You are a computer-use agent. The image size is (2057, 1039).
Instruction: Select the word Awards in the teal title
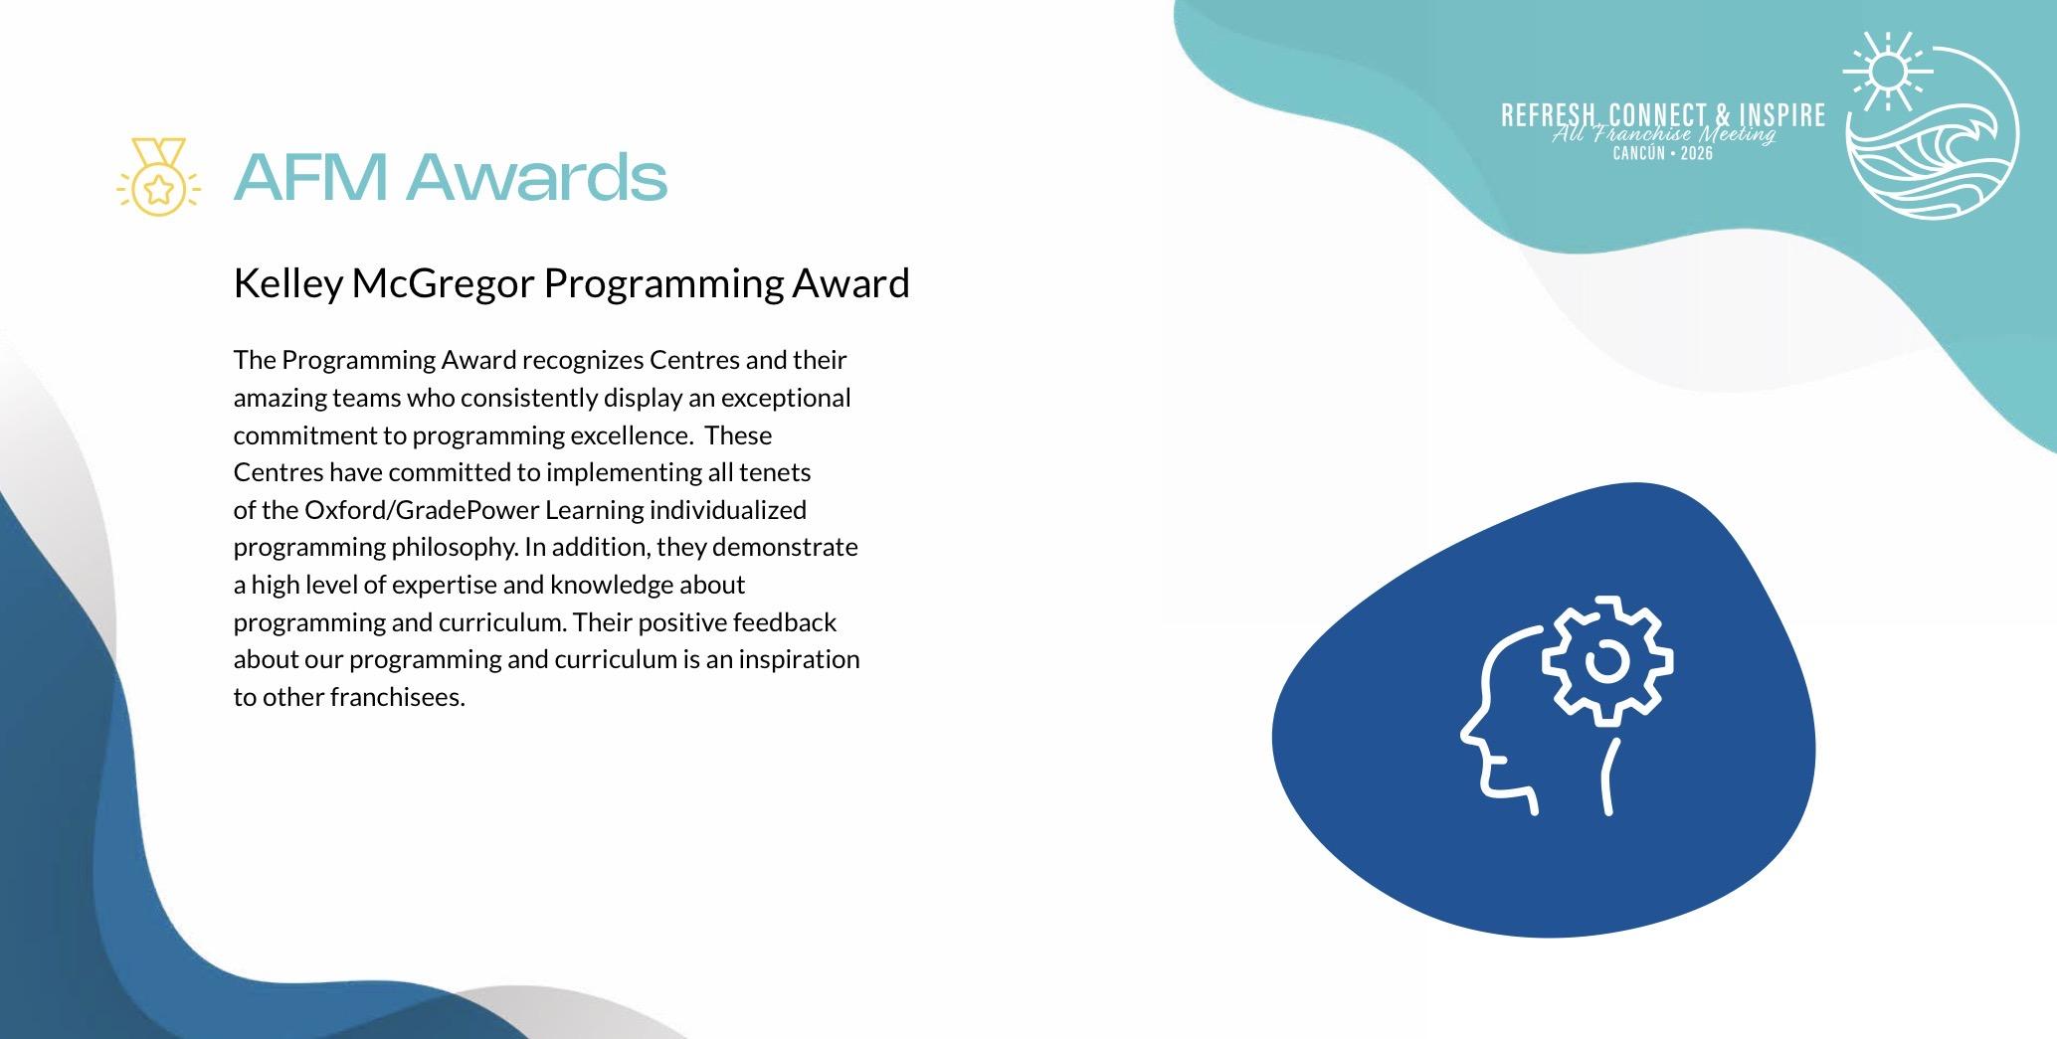(536, 176)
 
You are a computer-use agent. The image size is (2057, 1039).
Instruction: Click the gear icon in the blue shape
(1606, 661)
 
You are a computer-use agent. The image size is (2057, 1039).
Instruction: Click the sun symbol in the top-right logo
(1887, 71)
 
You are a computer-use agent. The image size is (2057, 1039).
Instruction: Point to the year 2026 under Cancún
(1697, 154)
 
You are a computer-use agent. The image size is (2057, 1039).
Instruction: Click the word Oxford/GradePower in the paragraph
(422, 511)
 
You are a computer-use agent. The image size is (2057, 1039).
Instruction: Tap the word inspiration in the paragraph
(799, 660)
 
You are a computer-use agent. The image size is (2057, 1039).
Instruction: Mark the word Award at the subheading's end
(850, 284)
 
